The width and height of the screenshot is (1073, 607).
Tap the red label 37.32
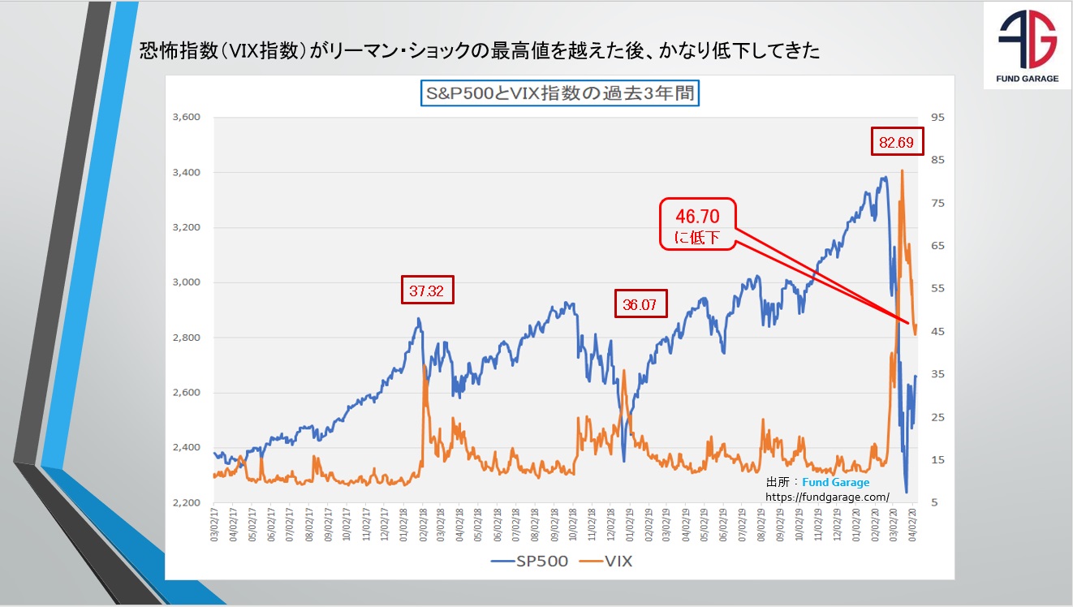pos(427,290)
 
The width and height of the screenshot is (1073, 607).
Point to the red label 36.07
pos(640,304)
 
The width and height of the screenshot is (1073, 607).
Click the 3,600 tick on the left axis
pos(186,118)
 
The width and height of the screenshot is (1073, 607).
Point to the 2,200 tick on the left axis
pos(186,503)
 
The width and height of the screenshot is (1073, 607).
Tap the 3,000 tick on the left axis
pos(186,282)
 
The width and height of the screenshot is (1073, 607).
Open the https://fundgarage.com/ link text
pos(827,496)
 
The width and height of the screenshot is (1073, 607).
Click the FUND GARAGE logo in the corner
pos(1027,45)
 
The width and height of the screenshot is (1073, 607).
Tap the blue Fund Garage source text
pos(835,482)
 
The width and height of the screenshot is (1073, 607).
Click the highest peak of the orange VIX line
pos(903,170)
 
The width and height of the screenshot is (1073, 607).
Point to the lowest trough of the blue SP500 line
pos(907,492)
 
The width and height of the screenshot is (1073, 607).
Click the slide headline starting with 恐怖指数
pos(480,52)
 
